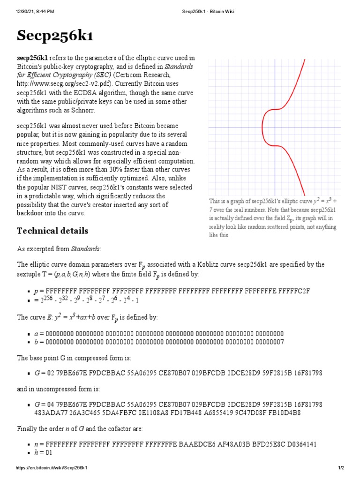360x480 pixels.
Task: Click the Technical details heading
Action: tap(52, 231)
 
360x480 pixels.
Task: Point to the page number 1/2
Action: tap(341, 468)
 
